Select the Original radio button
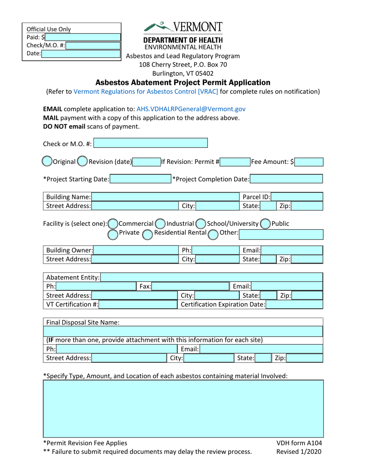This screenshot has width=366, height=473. tap(46, 162)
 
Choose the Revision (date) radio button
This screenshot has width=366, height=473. tap(82, 162)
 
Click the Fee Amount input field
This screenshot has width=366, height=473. tap(309, 162)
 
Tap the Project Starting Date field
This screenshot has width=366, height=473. tap(140, 179)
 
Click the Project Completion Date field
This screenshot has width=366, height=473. tap(286, 179)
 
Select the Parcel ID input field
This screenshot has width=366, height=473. tap(297, 197)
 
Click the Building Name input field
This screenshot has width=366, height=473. tap(165, 197)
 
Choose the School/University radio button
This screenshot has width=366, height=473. tap(200, 224)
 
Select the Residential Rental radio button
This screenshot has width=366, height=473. tap(148, 233)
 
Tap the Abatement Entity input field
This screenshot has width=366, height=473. tap(211, 277)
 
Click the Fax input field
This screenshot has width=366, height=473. tap(190, 286)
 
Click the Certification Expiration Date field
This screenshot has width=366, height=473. tap(294, 305)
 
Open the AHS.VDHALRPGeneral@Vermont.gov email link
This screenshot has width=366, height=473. tap(191, 109)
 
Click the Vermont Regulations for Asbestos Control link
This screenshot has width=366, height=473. tap(146, 92)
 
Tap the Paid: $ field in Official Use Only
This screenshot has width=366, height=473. tap(82, 37)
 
